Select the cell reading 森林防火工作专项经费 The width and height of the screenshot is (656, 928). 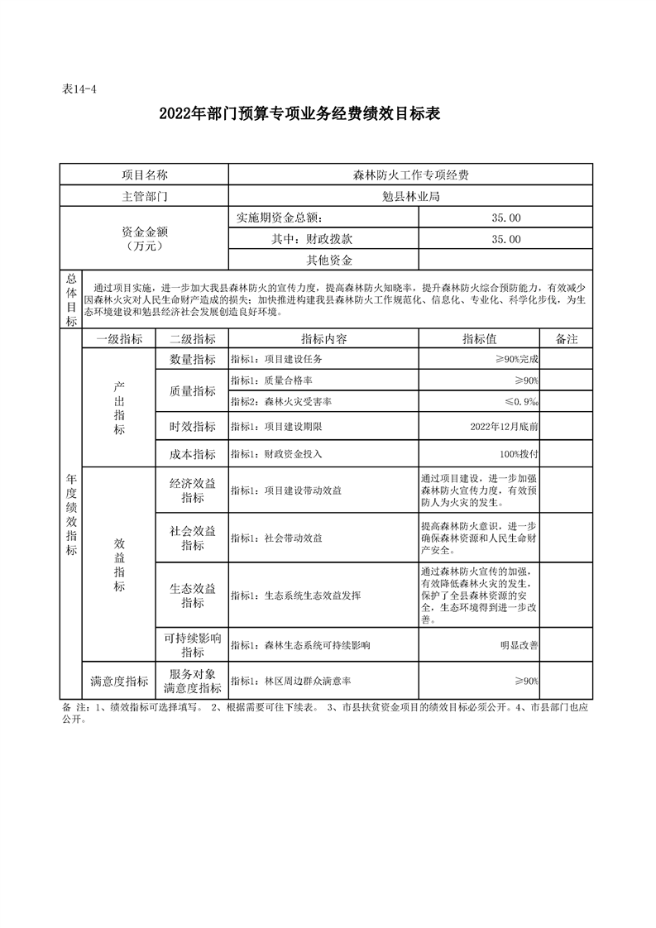[410, 175]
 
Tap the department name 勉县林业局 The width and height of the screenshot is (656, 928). [410, 197]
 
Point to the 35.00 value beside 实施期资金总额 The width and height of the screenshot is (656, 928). [505, 218]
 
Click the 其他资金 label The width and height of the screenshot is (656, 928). [323, 261]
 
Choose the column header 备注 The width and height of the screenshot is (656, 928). [567, 339]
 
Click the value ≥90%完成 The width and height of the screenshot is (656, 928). [516, 360]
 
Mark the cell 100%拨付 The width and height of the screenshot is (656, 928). [520, 454]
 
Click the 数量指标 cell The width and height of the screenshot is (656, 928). [193, 360]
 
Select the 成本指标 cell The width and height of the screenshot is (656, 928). [193, 454]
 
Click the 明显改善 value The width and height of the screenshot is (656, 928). [520, 645]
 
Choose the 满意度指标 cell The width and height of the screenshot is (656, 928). [119, 682]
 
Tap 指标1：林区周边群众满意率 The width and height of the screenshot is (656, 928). [290, 682]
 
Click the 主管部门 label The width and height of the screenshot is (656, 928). [144, 197]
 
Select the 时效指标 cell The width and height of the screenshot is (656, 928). [193, 428]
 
